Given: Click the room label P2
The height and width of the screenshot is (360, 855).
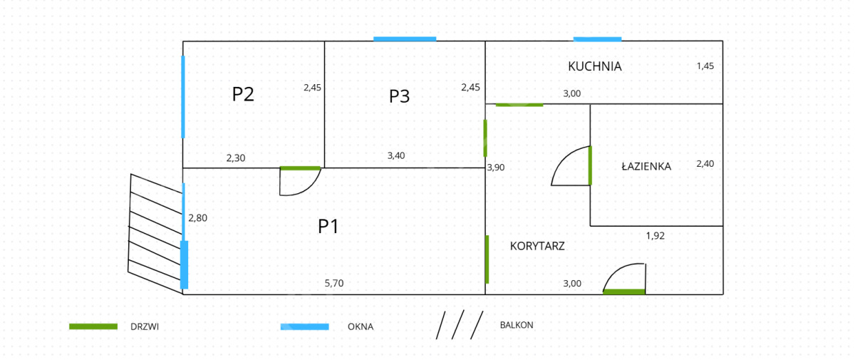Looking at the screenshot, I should click(243, 94).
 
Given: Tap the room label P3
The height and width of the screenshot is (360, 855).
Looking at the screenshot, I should click(399, 96).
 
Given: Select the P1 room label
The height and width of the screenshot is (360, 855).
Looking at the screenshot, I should click(328, 227).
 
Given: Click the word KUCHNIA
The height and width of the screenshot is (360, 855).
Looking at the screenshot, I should click(594, 66).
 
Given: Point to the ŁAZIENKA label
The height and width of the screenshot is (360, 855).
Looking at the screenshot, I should click(646, 166).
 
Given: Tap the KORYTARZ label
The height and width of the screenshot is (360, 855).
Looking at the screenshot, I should click(537, 246).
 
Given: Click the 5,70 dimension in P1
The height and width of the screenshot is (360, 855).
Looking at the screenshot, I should click(334, 283).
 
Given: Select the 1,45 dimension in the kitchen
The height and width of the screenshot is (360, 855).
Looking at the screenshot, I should click(705, 66).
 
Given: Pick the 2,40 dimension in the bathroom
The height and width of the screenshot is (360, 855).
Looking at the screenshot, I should click(705, 163).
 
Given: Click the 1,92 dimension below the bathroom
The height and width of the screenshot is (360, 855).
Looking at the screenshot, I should click(655, 235).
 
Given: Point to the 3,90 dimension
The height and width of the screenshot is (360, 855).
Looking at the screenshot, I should click(496, 168).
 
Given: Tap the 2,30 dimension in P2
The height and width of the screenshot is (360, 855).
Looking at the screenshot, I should click(236, 158).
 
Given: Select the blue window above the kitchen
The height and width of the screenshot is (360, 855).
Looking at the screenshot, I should click(597, 39).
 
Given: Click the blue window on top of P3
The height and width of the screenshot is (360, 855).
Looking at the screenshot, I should click(405, 39).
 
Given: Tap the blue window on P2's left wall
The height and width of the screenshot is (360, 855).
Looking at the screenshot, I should click(183, 96).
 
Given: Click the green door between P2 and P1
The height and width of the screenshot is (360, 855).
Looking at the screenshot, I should click(300, 168).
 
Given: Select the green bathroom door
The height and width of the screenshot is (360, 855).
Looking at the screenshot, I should click(590, 165).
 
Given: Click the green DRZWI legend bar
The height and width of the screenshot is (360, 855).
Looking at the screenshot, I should click(93, 326).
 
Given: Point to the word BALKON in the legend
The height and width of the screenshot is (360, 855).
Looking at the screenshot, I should click(517, 325).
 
